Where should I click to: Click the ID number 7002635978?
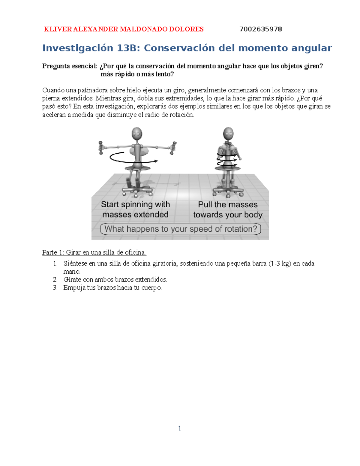[x=260, y=29]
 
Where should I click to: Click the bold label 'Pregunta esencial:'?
[x=69, y=66]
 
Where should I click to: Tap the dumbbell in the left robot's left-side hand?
[x=101, y=148]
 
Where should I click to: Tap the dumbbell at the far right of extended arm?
[x=173, y=148]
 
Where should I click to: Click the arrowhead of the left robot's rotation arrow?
[x=156, y=161]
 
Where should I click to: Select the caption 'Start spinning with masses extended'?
[x=135, y=209]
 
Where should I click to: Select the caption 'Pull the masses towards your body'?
[x=228, y=209]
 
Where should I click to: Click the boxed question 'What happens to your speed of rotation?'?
[x=181, y=229]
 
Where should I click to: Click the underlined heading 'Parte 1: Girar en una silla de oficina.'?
[x=94, y=252]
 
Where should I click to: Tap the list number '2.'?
[x=55, y=280]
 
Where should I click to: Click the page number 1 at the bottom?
[x=179, y=428]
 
